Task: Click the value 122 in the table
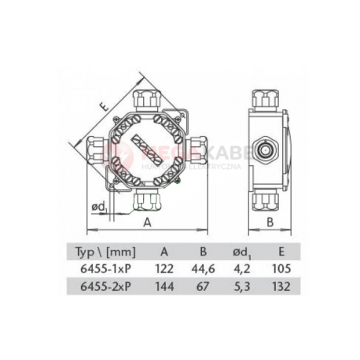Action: (165, 269)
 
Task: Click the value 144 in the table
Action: (165, 286)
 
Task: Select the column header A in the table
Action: (165, 252)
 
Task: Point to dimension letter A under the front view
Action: (147, 222)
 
